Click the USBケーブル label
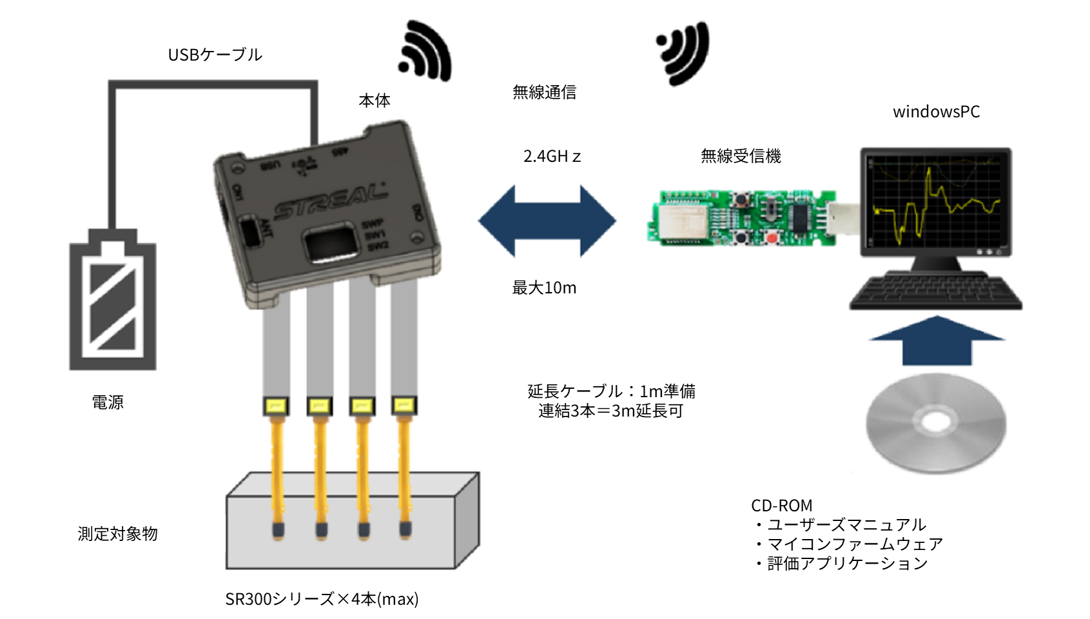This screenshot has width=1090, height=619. point(215,55)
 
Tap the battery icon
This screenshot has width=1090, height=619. point(113,300)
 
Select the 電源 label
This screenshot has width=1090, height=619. point(108,402)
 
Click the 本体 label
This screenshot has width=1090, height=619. point(375,101)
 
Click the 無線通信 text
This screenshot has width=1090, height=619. point(544,92)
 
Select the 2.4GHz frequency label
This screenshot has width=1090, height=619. point(552,157)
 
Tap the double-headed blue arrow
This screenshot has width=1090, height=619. point(547,221)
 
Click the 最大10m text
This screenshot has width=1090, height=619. point(544,288)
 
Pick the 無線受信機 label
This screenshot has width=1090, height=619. point(741,156)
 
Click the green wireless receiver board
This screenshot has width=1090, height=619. point(741,217)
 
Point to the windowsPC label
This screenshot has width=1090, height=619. point(936,112)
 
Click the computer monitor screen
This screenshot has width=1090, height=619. point(935,201)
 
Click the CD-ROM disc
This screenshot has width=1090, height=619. point(935,424)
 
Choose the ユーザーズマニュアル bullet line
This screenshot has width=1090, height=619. point(842,525)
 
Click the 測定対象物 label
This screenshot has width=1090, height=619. point(118,534)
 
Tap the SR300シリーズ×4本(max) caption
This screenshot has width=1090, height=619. point(322,599)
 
